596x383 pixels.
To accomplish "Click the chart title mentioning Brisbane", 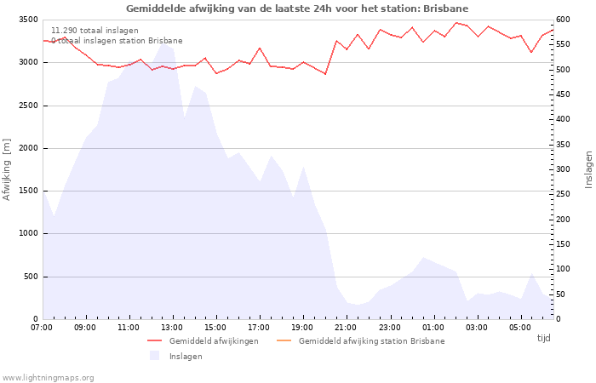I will tap(297, 9).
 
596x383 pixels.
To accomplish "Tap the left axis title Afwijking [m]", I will tap(7, 169).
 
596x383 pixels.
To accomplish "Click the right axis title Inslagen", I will tap(587, 169).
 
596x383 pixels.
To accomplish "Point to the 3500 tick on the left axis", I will tap(27, 20).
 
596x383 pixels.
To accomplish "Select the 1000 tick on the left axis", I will tap(27, 233).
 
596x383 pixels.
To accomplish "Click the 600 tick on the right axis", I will tap(564, 20).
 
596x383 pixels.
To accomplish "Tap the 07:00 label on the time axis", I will tap(42, 327).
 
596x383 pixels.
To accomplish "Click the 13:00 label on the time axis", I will tap(172, 327).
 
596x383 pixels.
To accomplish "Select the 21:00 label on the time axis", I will tap(346, 327).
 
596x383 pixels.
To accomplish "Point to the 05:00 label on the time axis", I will tap(520, 327).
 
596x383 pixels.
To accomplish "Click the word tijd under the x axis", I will tap(543, 338).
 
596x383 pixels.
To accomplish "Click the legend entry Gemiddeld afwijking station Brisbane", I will tap(371, 341).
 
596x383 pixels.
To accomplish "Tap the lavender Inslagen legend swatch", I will tap(154, 356).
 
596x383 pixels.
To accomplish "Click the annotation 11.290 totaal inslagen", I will tap(95, 31).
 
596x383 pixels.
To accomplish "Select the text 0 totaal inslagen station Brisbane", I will tap(117, 41).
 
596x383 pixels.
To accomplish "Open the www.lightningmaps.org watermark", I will tap(49, 378).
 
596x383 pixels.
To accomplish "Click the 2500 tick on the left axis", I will tap(27, 106).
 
